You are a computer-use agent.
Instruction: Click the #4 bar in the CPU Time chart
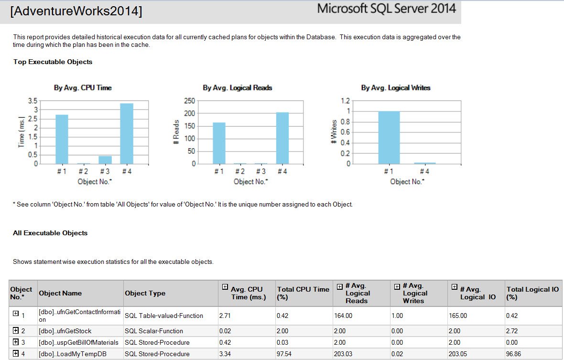point(127,134)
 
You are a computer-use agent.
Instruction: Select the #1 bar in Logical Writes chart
point(389,138)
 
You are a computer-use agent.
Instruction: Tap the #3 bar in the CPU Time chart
point(105,160)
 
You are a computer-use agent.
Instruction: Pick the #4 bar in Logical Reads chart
point(282,139)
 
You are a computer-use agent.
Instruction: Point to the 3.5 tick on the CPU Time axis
point(33,101)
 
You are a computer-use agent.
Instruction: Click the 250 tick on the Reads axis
point(189,101)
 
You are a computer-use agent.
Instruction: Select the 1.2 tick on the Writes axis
point(345,101)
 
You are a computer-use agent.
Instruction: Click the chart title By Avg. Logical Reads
point(238,88)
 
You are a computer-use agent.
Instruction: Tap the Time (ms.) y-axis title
point(22,132)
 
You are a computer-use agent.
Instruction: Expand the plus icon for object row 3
point(15,342)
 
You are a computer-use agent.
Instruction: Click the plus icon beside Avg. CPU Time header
point(225,287)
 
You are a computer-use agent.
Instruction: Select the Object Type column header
point(145,293)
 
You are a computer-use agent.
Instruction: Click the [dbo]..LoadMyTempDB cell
point(72,354)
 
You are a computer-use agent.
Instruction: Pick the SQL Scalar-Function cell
point(153,331)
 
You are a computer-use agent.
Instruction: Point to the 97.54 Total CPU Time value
point(284,354)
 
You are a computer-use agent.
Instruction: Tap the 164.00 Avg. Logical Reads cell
point(343,316)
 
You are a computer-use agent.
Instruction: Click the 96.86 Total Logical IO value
point(513,354)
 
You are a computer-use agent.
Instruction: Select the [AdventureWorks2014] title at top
point(76,11)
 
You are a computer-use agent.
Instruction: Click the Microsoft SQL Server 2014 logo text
point(387,9)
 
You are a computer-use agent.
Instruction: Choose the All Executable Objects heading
point(50,233)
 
